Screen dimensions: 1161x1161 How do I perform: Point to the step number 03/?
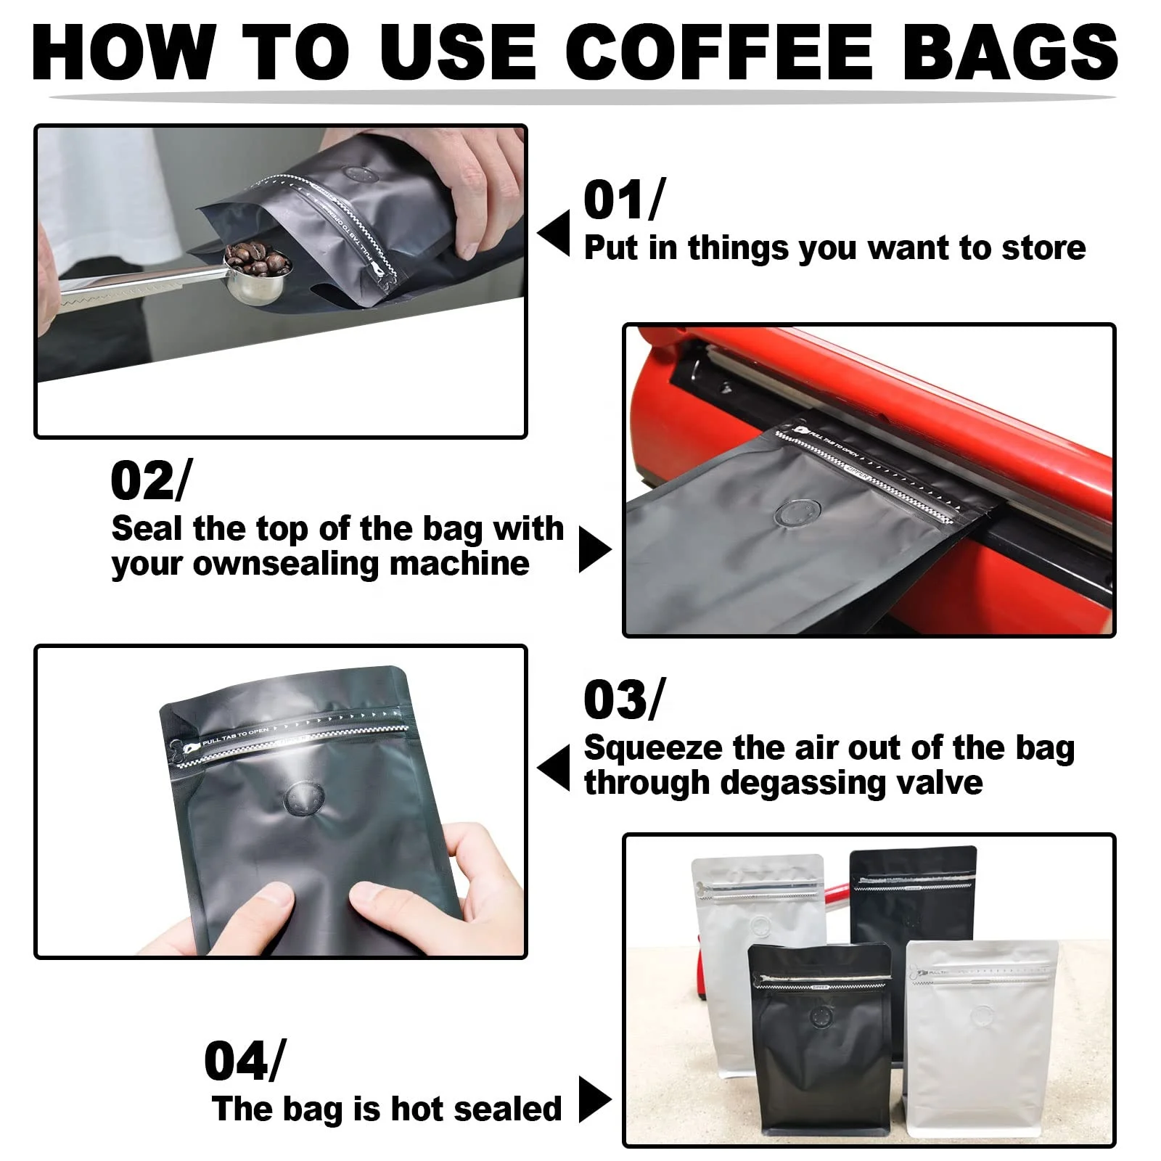623,700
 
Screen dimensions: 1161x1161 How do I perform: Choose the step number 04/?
244,1061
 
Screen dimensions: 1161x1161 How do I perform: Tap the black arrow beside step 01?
554,233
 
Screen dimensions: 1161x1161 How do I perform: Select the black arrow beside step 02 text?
594,549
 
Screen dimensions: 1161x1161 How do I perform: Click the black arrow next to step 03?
554,768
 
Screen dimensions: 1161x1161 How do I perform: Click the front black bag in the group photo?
820,1045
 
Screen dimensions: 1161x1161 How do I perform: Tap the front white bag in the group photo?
981,1045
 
